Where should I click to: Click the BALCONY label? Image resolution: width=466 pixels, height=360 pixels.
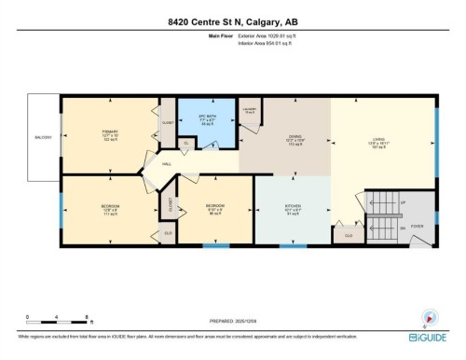(43, 137)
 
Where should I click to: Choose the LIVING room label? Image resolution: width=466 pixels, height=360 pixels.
(378, 140)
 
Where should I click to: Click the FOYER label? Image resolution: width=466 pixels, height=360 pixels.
(417, 225)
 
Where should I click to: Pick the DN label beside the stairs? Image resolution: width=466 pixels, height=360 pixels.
(403, 226)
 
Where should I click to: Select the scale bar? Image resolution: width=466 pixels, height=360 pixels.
(57, 322)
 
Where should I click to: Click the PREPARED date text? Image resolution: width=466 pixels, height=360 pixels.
(233, 322)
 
